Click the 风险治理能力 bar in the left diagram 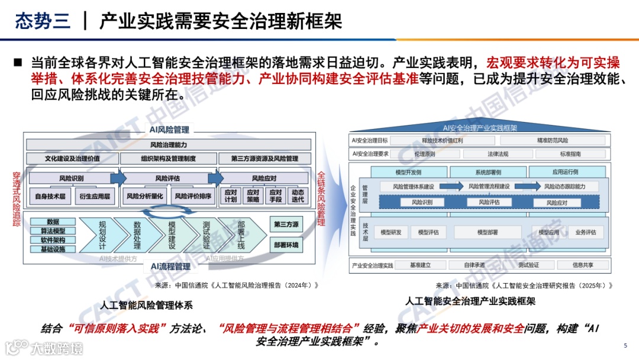(x=168, y=144)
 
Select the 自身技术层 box (x=51, y=195)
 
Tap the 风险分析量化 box (x=145, y=195)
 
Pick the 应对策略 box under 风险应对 (x=253, y=195)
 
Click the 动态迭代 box (x=298, y=195)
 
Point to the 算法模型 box (x=53, y=231)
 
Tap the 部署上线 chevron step (x=241, y=235)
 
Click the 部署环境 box (x=286, y=244)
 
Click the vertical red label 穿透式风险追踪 (x=17, y=199)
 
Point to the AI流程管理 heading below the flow (x=170, y=266)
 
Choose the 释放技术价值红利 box (x=443, y=141)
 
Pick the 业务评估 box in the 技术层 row (x=585, y=232)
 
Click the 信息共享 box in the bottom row (x=583, y=265)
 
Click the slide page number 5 (x=625, y=346)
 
